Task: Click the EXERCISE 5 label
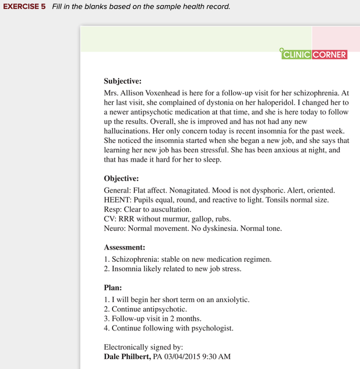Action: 25,7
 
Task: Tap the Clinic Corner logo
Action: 314,55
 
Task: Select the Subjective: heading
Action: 122,81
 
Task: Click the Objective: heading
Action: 121,179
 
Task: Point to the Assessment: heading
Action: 124,247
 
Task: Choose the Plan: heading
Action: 113,287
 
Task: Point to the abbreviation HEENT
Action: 117,200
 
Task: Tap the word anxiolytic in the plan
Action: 231,300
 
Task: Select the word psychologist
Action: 210,328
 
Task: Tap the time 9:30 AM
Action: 217,356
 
